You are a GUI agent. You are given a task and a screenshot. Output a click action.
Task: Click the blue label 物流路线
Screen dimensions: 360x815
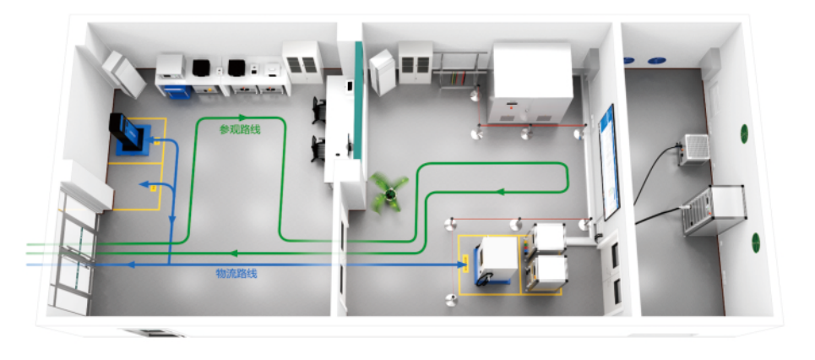(236, 273)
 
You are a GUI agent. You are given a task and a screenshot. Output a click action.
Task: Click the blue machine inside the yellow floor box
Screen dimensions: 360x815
(132, 135)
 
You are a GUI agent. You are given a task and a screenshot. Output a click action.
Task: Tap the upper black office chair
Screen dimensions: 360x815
(318, 107)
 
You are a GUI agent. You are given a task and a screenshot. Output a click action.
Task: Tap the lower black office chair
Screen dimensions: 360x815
(318, 147)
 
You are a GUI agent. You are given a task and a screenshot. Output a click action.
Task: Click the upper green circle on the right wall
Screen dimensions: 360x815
(745, 133)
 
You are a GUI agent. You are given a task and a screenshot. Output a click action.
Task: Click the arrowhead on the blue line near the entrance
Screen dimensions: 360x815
(132, 265)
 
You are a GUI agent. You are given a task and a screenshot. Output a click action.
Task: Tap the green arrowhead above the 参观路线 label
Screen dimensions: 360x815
(242, 117)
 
